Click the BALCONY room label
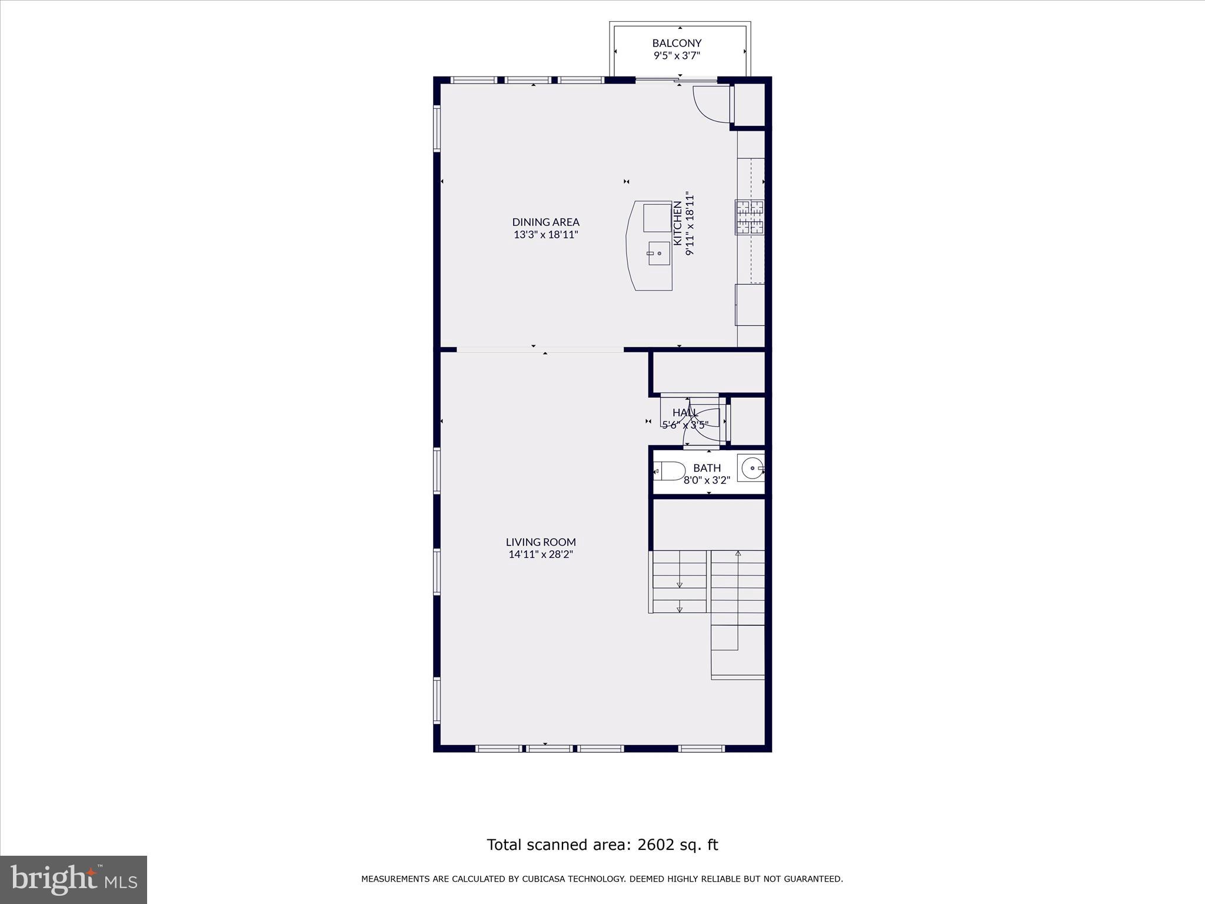tap(677, 43)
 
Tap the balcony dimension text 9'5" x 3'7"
tap(677, 56)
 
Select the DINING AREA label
tap(545, 222)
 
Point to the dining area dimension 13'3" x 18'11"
tap(545, 234)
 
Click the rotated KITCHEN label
tap(678, 223)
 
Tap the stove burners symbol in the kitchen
tap(750, 217)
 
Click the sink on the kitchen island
tap(659, 253)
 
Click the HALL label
tap(685, 413)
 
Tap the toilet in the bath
tap(670, 470)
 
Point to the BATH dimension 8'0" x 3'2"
tap(707, 480)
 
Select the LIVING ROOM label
tap(541, 542)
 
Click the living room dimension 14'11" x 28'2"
tap(541, 554)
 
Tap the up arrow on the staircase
tap(738, 554)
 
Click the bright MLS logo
tap(74, 879)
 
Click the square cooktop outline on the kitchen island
tap(657, 218)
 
